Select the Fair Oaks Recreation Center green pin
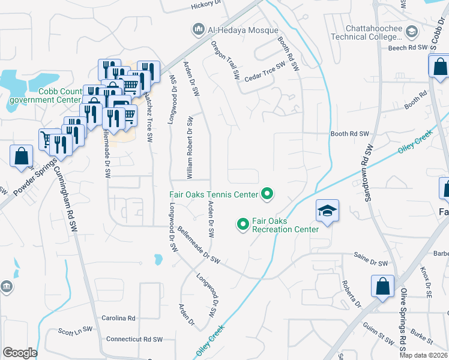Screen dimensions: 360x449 (x=243, y=224)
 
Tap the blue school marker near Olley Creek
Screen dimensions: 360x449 (x=327, y=211)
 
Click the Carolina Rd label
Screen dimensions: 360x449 (x=118, y=318)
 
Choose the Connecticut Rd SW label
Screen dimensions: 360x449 (x=134, y=339)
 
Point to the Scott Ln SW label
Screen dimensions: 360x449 (x=75, y=329)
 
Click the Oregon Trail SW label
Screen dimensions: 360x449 (x=225, y=61)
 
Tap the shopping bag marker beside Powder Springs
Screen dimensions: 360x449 (x=22, y=157)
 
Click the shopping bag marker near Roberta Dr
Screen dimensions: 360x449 (x=383, y=287)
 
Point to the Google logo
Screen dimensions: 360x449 (x=20, y=353)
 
